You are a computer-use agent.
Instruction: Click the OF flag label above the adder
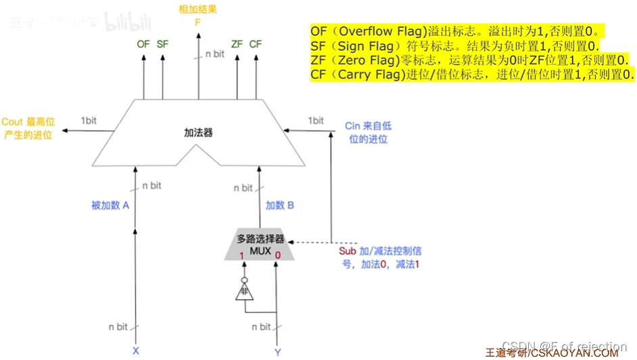143,44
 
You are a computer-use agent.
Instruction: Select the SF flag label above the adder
162,44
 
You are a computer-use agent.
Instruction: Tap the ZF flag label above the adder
237,44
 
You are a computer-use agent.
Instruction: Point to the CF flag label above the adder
255,44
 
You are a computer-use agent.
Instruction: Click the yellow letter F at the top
198,22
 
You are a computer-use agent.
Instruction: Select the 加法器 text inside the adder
198,133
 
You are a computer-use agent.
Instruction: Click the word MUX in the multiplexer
260,250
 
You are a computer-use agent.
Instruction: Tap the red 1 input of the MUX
241,256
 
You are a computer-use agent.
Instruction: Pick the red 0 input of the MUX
278,256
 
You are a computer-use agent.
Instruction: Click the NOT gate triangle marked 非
241,292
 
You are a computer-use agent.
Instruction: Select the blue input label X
135,351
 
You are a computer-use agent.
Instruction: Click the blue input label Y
277,351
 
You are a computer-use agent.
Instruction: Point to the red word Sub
347,251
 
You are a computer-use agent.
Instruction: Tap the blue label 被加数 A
110,205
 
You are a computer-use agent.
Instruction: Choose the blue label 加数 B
279,205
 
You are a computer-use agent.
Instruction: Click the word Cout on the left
12,122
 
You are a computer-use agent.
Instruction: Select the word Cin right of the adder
352,127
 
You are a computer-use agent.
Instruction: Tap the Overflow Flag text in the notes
381,31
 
